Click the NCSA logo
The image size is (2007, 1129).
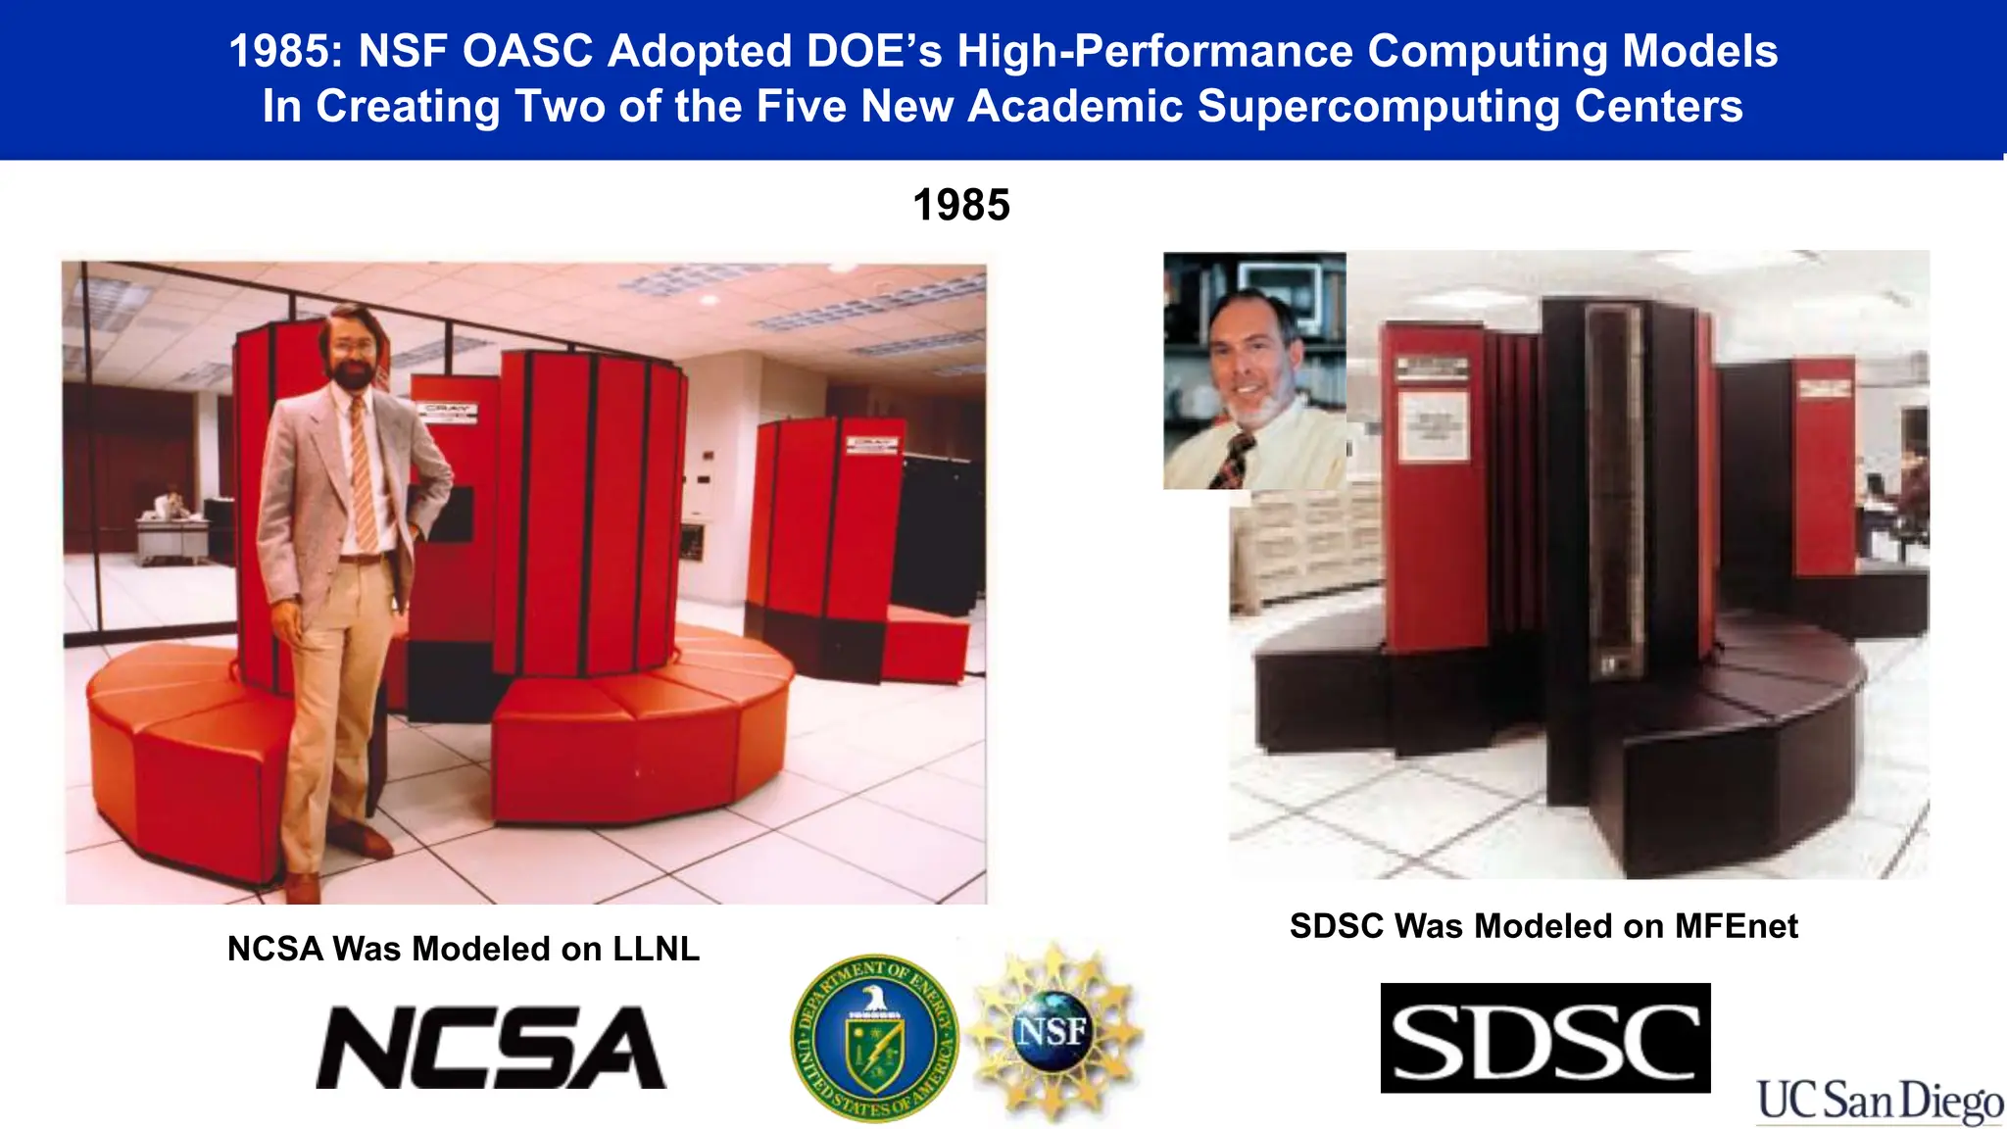click(x=491, y=1047)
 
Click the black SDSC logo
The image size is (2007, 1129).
click(x=1544, y=1038)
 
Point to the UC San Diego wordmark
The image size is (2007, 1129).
click(x=1880, y=1102)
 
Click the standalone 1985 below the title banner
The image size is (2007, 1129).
click(x=960, y=206)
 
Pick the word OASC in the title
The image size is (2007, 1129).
click(x=527, y=51)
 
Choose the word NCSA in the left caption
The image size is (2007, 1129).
click(x=274, y=949)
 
